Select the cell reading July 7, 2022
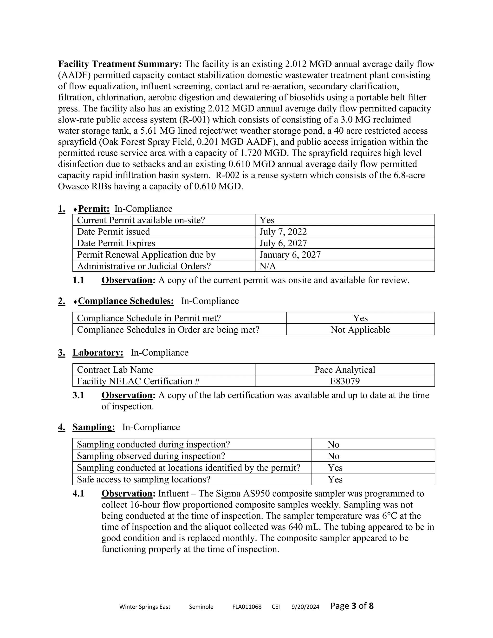point(283,232)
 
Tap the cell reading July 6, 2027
point(283,243)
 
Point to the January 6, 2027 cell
point(290,255)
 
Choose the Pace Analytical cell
point(345,370)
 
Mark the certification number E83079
point(345,381)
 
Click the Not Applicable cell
point(360,330)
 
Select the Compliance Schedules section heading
point(126,301)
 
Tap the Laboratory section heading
point(98,353)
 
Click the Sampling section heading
point(93,427)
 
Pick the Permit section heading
point(93,208)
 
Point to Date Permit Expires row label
point(116,243)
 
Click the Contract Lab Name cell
point(115,370)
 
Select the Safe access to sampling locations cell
point(143,479)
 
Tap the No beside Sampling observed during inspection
point(333,456)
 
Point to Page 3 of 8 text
point(352,605)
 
